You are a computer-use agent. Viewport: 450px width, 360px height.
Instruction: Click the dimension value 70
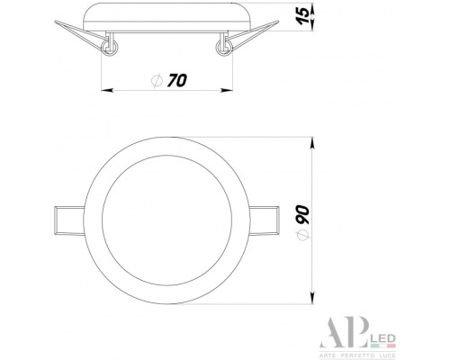175,81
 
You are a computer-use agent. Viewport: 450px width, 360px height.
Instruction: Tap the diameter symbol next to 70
157,81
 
